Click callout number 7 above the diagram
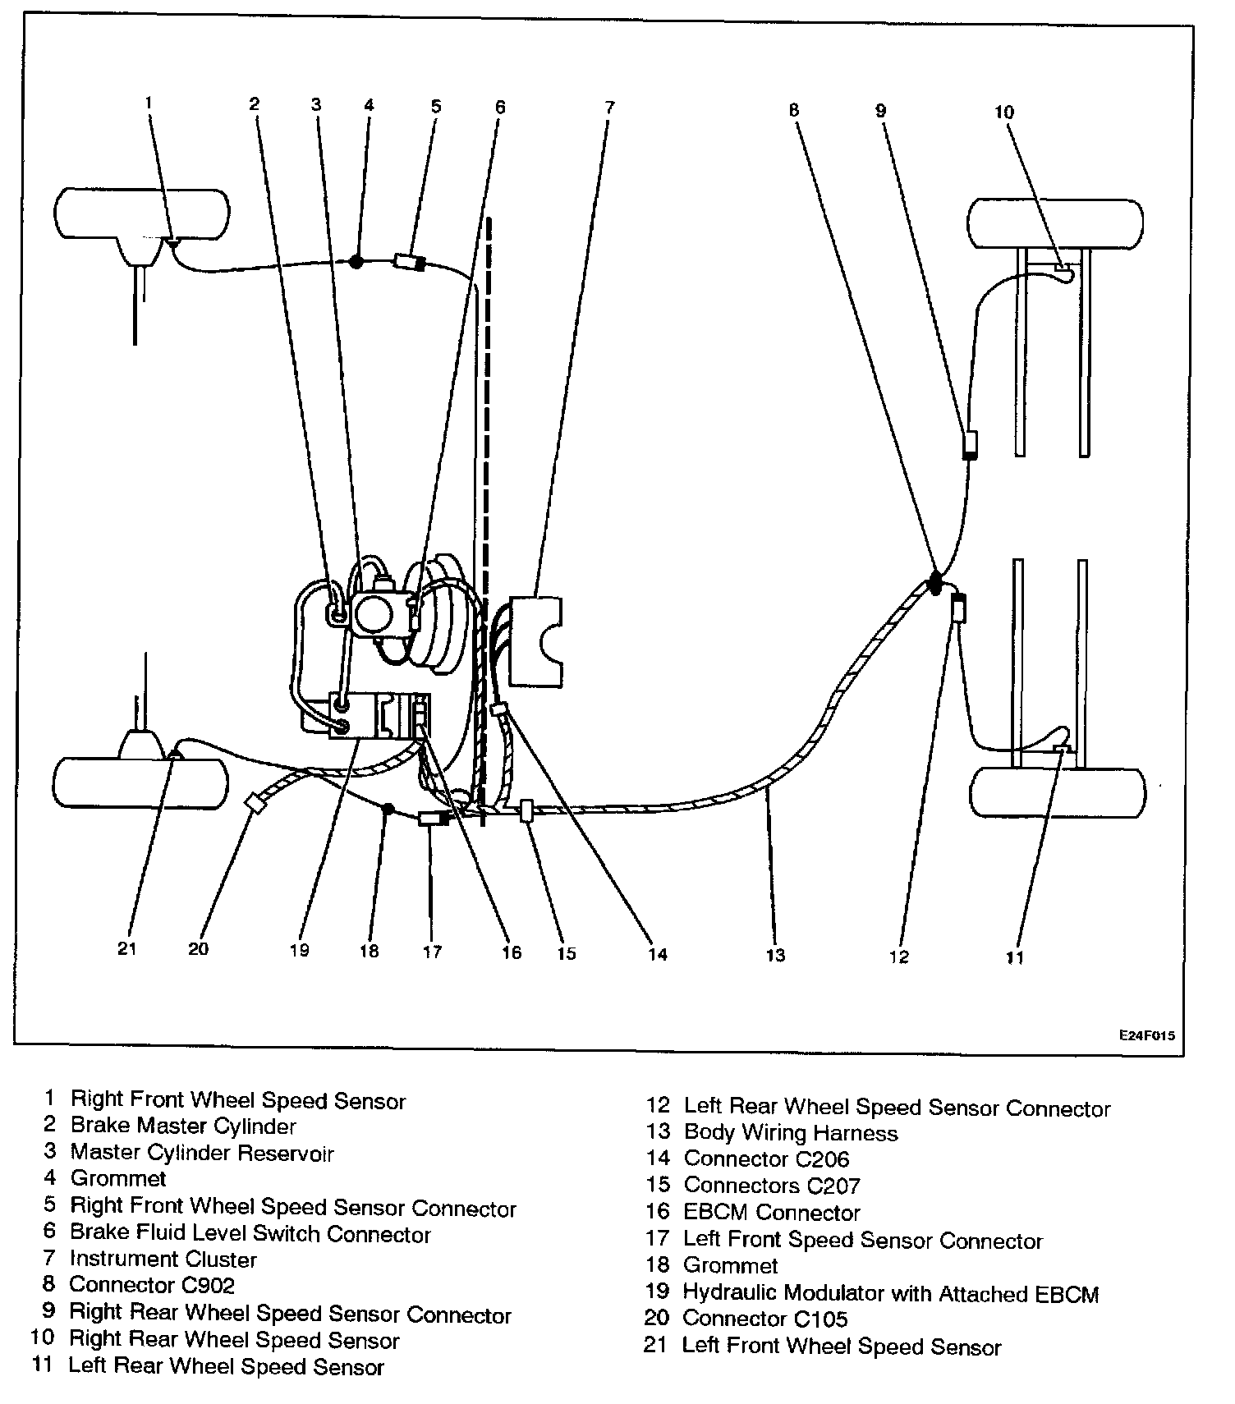point(608,108)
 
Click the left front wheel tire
point(140,784)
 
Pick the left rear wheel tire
point(1058,793)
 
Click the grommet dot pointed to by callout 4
point(356,261)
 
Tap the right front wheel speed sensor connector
point(410,263)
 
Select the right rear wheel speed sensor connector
point(970,444)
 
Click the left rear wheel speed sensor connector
point(957,609)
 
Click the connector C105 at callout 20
point(256,803)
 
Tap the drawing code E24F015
point(1145,1035)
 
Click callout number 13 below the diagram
point(775,955)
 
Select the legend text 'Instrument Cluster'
point(163,1259)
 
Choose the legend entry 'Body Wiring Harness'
point(791,1133)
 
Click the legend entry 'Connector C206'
point(766,1159)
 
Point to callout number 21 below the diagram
point(126,949)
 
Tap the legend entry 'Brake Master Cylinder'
point(183,1126)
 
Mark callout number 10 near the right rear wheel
point(1004,112)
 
